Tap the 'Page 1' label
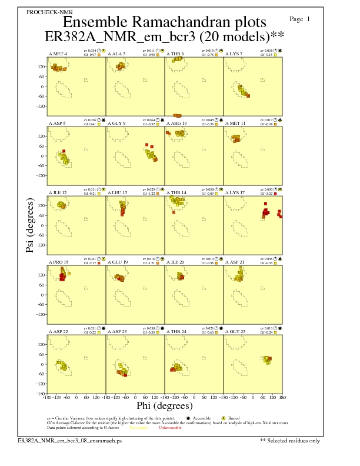click(x=300, y=19)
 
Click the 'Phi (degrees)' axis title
click(x=164, y=406)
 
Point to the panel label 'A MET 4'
click(x=58, y=54)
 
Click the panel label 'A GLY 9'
click(x=116, y=124)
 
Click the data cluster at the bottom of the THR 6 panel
click(x=177, y=115)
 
